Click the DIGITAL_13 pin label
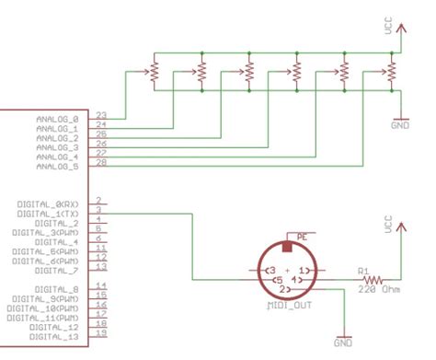tap(57, 337)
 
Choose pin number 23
tap(100, 114)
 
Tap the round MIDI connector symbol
tap(285, 272)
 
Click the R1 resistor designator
tap(364, 271)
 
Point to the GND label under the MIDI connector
tap(343, 343)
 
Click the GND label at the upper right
tap(400, 123)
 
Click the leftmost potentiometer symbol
tap(155, 70)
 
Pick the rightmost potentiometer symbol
tap(391, 70)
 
